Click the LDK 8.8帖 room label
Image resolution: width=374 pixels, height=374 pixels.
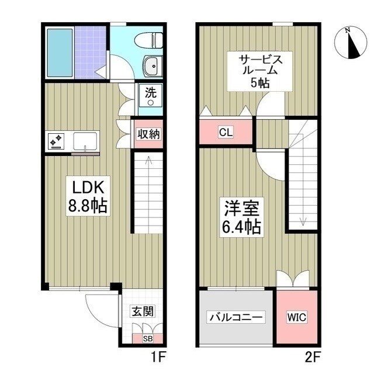88,197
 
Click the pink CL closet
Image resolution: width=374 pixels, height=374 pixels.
226,132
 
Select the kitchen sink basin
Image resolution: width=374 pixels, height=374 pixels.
85,141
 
